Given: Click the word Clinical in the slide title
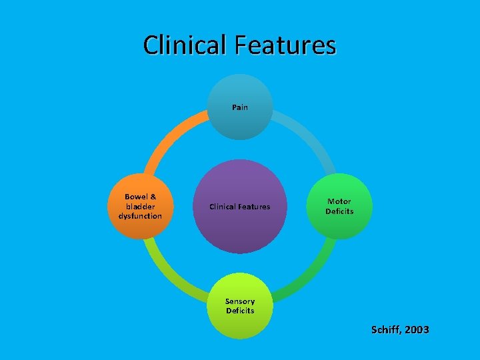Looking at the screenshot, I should click(x=185, y=45).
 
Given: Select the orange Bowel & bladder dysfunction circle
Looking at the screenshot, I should click(x=140, y=207).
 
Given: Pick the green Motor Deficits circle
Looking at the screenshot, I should click(x=339, y=207).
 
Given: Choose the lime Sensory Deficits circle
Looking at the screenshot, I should click(x=240, y=306).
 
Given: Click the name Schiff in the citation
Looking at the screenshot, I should click(x=385, y=330).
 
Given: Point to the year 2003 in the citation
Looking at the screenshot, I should click(x=417, y=330).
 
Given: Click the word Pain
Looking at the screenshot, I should click(x=240, y=107).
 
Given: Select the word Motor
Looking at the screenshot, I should click(x=339, y=201).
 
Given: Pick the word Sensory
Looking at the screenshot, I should click(x=240, y=301).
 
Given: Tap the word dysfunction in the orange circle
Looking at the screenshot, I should click(x=140, y=216).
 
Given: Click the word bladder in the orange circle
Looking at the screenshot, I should click(x=140, y=207).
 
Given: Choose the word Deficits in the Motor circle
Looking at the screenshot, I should click(x=339, y=211).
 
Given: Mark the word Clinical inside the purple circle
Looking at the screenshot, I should click(x=223, y=207).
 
